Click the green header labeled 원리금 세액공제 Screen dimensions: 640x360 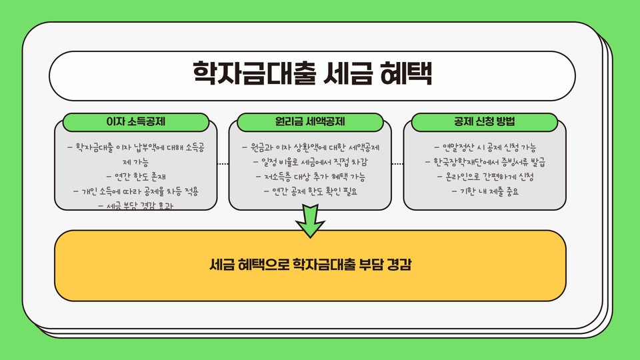(311, 122)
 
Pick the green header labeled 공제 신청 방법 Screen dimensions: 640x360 (485, 122)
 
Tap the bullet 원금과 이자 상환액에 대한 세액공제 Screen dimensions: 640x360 (311, 147)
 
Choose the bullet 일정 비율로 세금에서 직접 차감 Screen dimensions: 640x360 (311, 162)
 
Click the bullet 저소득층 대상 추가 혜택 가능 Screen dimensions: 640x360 (311, 177)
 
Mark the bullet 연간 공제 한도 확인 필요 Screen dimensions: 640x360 (311, 191)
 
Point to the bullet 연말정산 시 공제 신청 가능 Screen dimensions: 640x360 (485, 147)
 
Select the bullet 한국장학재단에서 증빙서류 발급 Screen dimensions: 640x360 (485, 162)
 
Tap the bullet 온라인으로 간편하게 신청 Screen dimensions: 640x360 (485, 177)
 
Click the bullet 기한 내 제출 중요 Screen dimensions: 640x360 (485, 191)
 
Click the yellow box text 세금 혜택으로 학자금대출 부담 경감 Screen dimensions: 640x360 (310, 265)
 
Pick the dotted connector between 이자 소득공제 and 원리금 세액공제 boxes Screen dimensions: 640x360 (223, 163)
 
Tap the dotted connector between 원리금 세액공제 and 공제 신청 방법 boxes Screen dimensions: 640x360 (397, 163)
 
